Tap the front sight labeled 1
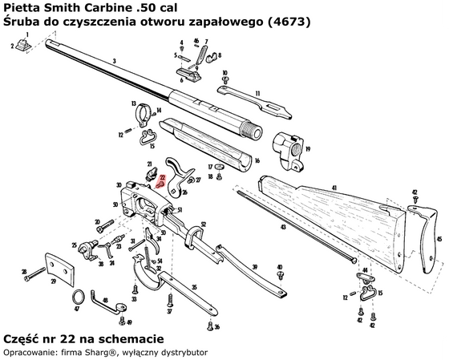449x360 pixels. (25, 46)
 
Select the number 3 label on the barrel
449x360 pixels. (115, 61)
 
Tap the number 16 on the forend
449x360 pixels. (257, 160)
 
